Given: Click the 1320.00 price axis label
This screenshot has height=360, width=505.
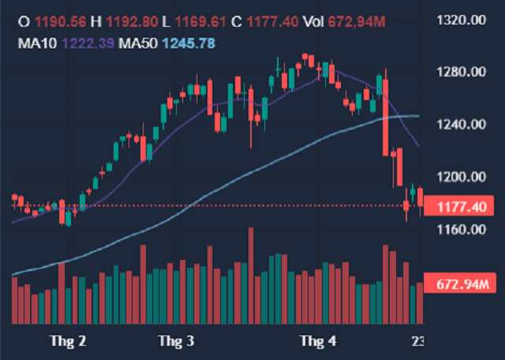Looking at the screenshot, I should (x=459, y=20).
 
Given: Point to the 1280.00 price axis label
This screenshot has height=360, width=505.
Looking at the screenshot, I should (x=459, y=73).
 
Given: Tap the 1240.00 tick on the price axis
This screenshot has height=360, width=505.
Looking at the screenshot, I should (x=459, y=125).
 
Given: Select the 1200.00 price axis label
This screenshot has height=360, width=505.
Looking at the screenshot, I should (x=459, y=177).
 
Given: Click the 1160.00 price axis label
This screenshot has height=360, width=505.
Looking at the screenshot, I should (x=459, y=230).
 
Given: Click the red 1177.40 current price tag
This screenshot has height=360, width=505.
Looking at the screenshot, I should (x=459, y=206).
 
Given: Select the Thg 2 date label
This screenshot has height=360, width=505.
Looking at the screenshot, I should (x=68, y=341).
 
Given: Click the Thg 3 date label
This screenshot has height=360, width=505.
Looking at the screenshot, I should (x=176, y=341).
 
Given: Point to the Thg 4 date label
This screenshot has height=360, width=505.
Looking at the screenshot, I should (x=318, y=341).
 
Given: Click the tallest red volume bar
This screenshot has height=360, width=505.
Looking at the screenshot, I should (x=251, y=276).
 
